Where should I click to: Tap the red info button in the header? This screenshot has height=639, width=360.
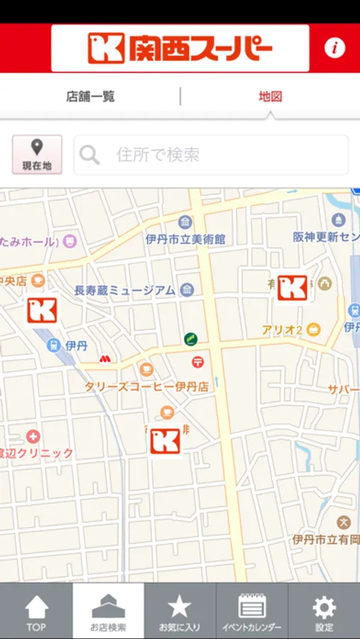334,48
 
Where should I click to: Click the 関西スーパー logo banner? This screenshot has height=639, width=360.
180,48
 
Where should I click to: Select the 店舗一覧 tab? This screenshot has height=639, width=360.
90,97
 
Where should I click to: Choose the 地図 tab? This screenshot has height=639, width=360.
271,97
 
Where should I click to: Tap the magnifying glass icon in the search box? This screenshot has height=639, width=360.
89,155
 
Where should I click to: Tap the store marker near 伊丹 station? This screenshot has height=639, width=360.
42,310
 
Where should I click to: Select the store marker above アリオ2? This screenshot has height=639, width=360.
292,288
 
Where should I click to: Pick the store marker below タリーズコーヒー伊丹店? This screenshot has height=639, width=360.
165,441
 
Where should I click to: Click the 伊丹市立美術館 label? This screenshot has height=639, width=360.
185,239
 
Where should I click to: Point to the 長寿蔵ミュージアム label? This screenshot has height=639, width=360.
125,290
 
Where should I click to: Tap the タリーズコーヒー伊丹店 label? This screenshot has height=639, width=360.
146,387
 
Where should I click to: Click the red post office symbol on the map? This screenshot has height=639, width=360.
197,362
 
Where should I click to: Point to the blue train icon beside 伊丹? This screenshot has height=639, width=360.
53,346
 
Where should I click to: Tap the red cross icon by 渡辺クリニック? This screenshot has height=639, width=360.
33,436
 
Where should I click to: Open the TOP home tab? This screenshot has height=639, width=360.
36,611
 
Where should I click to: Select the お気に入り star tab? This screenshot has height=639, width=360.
180,611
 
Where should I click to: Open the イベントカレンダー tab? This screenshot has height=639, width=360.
251,611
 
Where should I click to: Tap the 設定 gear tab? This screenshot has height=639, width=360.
324,611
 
